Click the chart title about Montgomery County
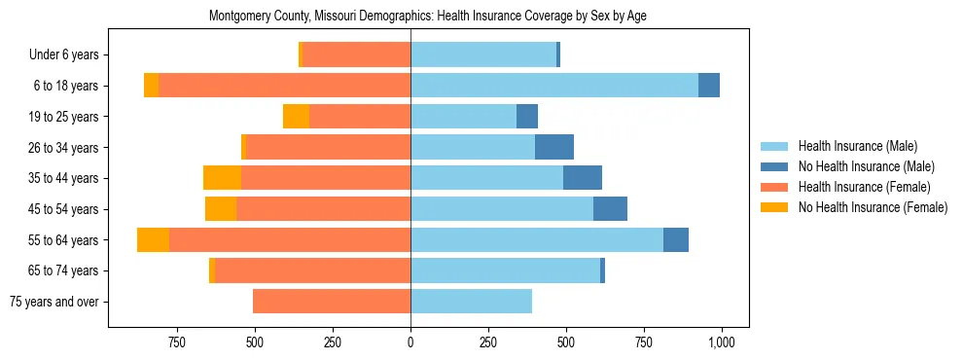(428, 17)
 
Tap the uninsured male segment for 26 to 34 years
(554, 147)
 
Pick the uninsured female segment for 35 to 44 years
(222, 178)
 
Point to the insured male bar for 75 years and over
(471, 302)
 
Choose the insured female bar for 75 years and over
(332, 302)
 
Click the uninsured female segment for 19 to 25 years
(296, 117)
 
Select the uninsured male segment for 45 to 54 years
(610, 209)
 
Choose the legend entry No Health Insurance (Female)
(873, 207)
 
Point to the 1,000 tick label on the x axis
(721, 342)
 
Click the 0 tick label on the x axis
(410, 342)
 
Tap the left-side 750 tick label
(176, 342)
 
